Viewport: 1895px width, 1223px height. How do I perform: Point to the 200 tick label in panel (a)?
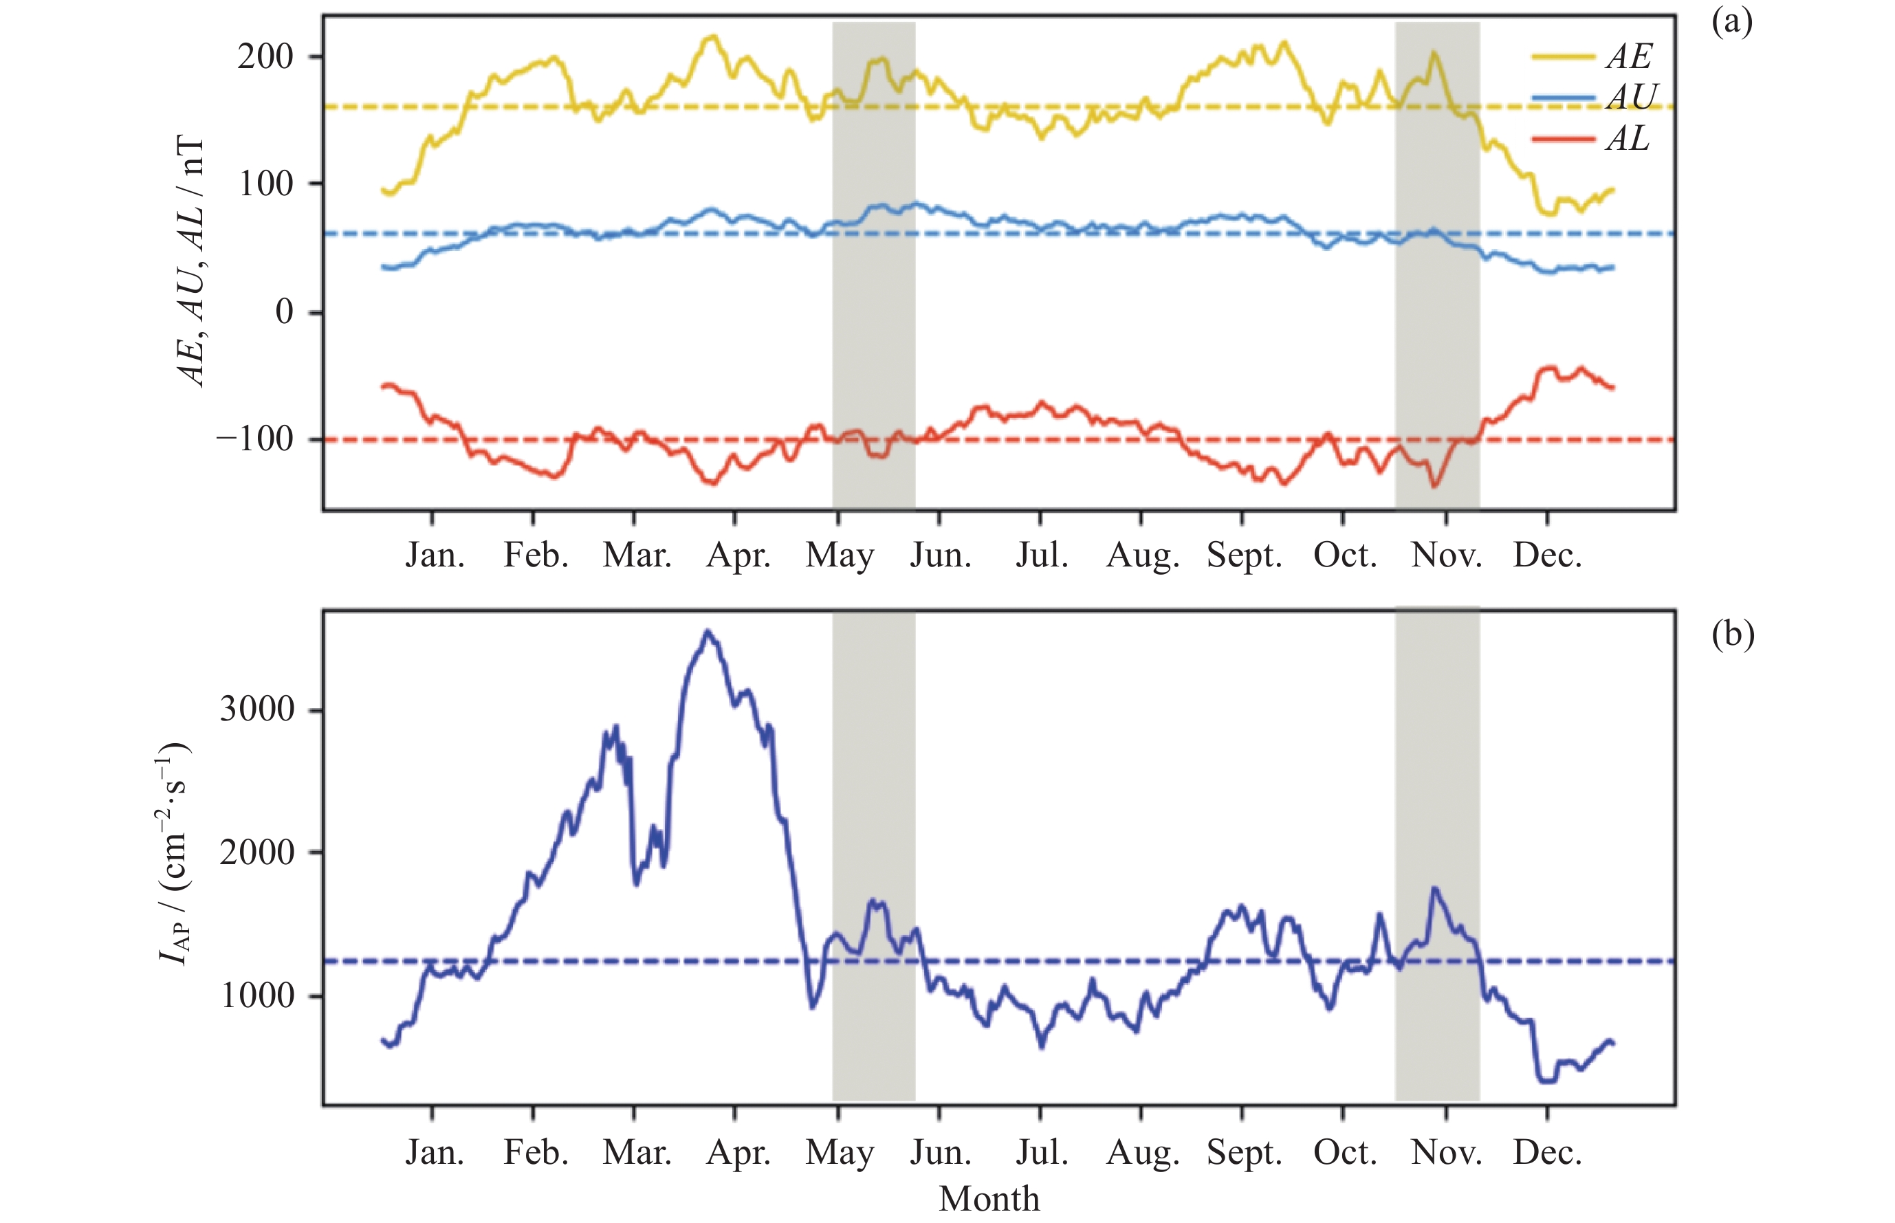click(x=265, y=56)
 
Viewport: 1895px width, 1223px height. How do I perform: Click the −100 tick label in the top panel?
click(x=255, y=439)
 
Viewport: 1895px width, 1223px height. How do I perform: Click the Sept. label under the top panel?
click(x=1244, y=555)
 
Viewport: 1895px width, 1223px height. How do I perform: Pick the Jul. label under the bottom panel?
click(x=1041, y=1152)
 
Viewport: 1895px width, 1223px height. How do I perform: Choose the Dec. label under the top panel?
click(x=1547, y=555)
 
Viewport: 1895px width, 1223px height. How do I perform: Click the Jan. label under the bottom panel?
click(x=435, y=1152)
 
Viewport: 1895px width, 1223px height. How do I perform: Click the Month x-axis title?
click(x=989, y=1199)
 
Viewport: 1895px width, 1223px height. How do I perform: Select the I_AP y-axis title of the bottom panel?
click(x=173, y=854)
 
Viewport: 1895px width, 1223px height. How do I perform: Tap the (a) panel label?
click(x=1731, y=22)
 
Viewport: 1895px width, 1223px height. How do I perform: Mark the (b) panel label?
click(x=1732, y=635)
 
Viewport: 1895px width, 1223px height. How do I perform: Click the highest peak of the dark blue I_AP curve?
click(x=708, y=632)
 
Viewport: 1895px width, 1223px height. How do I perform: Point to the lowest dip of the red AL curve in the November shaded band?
click(x=1434, y=486)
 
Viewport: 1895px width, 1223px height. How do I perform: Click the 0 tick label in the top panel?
click(x=283, y=312)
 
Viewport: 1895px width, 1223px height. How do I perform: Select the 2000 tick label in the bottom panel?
click(x=256, y=853)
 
